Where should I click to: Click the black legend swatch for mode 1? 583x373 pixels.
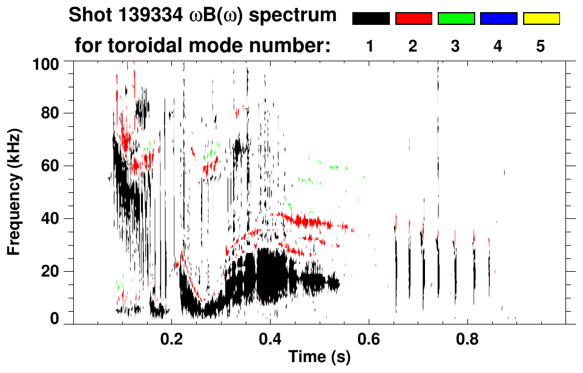(x=371, y=19)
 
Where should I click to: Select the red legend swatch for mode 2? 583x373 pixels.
(x=413, y=19)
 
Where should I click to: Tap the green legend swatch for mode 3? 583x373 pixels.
(x=456, y=19)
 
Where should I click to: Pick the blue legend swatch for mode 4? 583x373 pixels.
(x=498, y=19)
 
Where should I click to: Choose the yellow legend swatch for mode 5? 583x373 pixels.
(x=541, y=19)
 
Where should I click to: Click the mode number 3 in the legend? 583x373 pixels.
(x=456, y=46)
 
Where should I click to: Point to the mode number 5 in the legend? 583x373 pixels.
(x=541, y=46)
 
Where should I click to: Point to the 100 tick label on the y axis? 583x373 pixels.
(x=46, y=62)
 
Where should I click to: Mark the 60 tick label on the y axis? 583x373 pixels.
(x=51, y=166)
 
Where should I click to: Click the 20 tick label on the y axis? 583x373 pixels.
(x=51, y=271)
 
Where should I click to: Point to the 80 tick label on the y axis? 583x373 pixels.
(x=51, y=113)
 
